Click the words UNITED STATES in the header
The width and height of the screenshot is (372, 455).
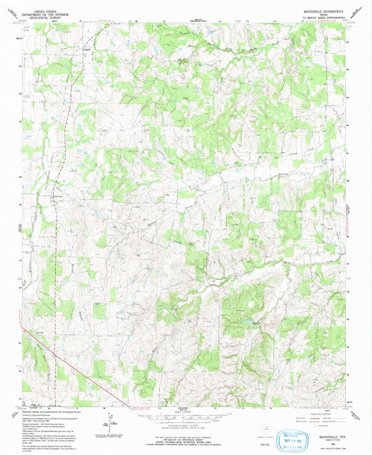point(43,4)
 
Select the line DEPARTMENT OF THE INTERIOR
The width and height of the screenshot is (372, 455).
point(43,8)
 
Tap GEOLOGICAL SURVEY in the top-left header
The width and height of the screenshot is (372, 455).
point(43,11)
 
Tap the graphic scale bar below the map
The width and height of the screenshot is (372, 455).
point(185,412)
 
